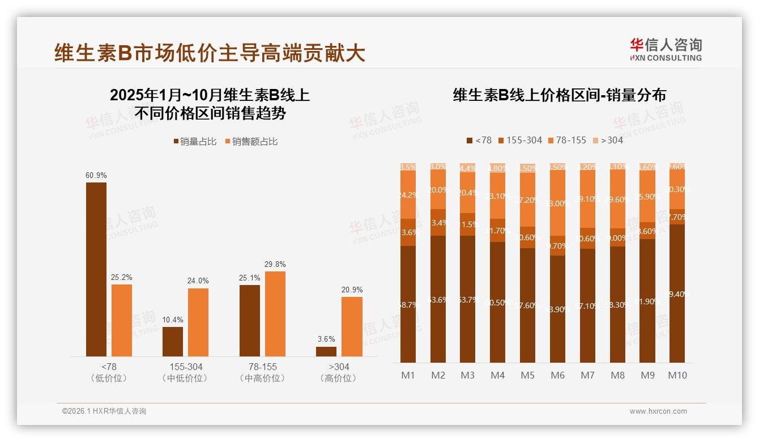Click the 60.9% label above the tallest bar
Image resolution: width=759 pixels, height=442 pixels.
96,176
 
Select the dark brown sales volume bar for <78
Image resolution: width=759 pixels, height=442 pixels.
96,269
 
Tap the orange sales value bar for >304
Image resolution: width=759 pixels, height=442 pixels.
352,326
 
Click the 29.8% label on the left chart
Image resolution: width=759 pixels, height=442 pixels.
275,264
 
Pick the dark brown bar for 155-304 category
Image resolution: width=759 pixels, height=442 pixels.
173,341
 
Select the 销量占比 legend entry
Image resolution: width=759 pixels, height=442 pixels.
195,142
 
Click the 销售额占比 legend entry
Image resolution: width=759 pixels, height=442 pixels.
251,142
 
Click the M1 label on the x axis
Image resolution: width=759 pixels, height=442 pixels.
408,375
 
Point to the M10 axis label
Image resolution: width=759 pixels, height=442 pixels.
677,375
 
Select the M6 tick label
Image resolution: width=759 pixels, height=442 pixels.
557,375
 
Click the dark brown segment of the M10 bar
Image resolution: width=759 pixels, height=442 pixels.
677,294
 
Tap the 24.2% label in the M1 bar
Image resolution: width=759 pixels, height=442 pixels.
408,195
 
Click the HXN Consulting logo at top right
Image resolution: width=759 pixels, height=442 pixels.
666,49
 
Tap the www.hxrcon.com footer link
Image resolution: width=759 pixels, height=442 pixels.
658,411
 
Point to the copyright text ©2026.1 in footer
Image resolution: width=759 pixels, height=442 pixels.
104,411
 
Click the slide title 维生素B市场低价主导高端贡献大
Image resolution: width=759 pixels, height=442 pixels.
210,53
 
